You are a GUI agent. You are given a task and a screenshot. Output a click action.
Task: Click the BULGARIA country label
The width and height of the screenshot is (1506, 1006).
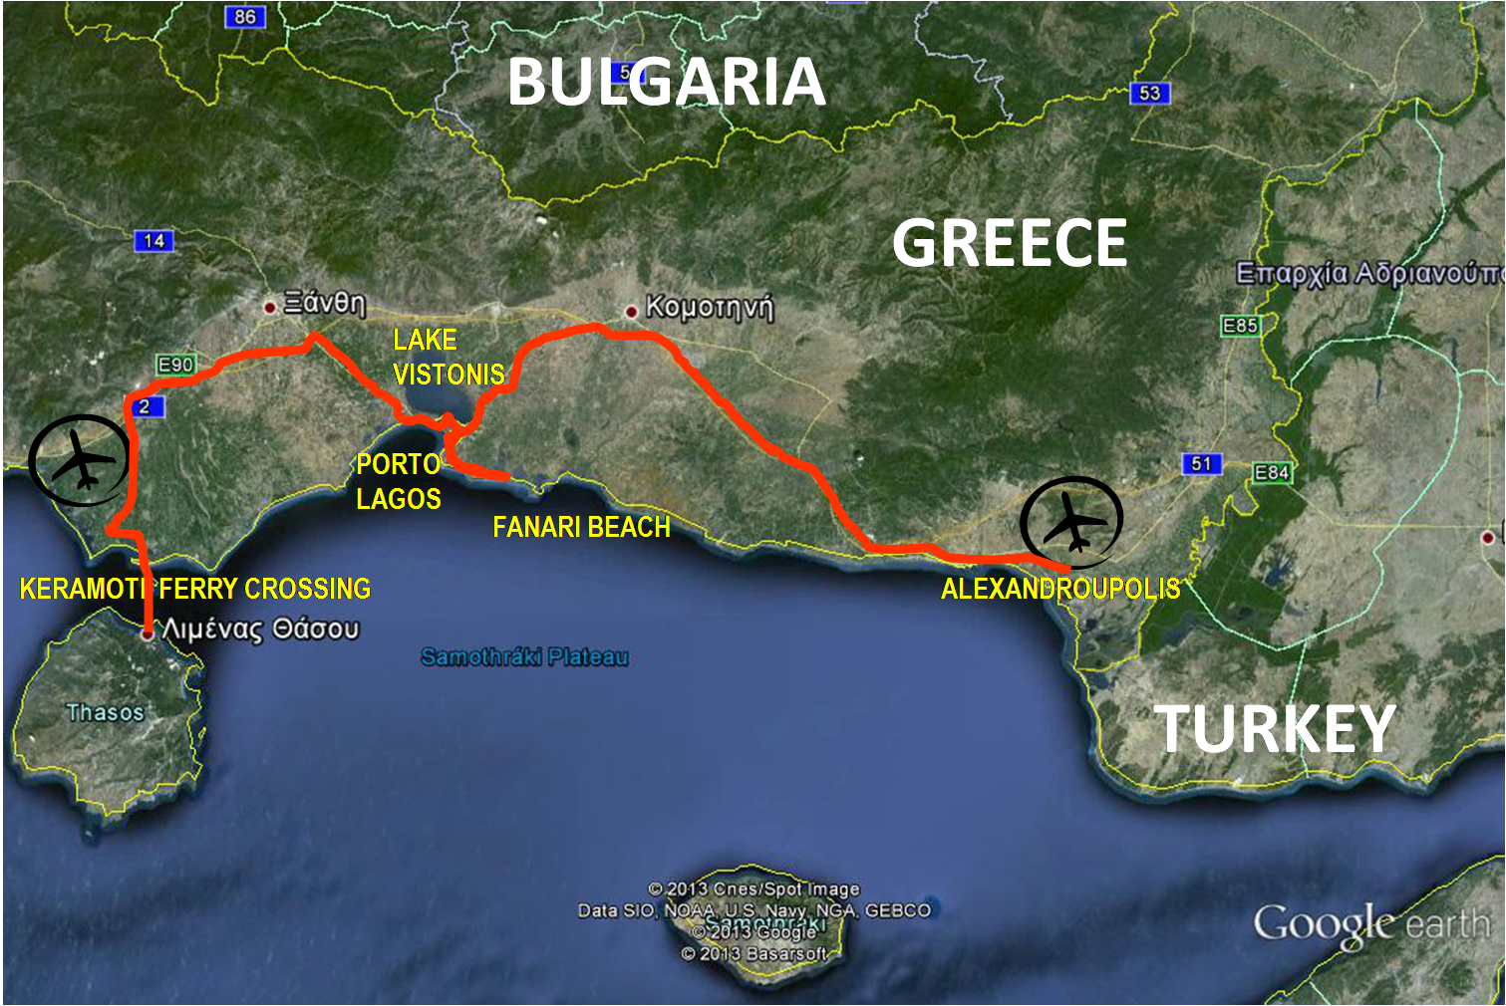pos(666,82)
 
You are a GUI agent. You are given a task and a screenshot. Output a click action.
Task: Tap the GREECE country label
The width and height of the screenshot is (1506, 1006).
pos(1009,243)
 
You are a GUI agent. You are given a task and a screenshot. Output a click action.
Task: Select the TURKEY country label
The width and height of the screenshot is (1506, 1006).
pos(1275,728)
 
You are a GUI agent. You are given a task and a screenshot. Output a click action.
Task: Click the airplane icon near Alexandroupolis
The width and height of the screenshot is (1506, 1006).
pos(1071,522)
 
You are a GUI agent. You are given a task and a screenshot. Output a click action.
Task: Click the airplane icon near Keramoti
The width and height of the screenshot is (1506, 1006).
pos(80,461)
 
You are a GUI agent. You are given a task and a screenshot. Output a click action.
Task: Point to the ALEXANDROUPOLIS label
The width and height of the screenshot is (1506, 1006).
pos(1060,589)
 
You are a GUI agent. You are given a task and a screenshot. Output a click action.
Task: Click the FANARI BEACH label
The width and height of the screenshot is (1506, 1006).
pos(581,527)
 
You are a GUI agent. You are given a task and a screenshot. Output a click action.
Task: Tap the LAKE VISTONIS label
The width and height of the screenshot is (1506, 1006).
pos(449,357)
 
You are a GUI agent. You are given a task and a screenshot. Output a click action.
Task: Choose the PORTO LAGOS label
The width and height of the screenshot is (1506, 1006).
pos(399,481)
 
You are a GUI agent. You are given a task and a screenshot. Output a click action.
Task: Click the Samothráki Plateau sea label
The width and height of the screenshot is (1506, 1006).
pos(524,656)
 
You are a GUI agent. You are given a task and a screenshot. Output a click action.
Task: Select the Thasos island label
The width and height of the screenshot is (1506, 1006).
pos(105,712)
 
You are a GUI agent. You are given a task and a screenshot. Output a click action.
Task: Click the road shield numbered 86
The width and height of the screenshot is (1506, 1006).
pos(245,17)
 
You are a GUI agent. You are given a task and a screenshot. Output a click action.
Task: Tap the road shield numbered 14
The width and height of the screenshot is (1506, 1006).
pos(153,241)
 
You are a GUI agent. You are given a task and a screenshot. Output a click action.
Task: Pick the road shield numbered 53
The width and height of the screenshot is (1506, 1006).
pos(1149,93)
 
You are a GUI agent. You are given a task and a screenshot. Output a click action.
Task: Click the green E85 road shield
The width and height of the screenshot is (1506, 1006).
pos(1240,326)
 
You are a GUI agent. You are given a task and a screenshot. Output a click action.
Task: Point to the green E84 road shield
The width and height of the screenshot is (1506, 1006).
pos(1272,472)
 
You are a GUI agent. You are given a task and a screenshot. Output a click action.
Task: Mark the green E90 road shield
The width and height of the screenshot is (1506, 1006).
pos(175,365)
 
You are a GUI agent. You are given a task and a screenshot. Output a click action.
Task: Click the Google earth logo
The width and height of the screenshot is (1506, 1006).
pos(1372,925)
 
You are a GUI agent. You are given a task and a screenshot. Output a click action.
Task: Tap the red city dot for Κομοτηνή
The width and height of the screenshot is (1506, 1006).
pos(631,312)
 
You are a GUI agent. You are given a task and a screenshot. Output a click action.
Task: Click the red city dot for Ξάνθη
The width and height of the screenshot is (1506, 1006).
pos(269,307)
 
